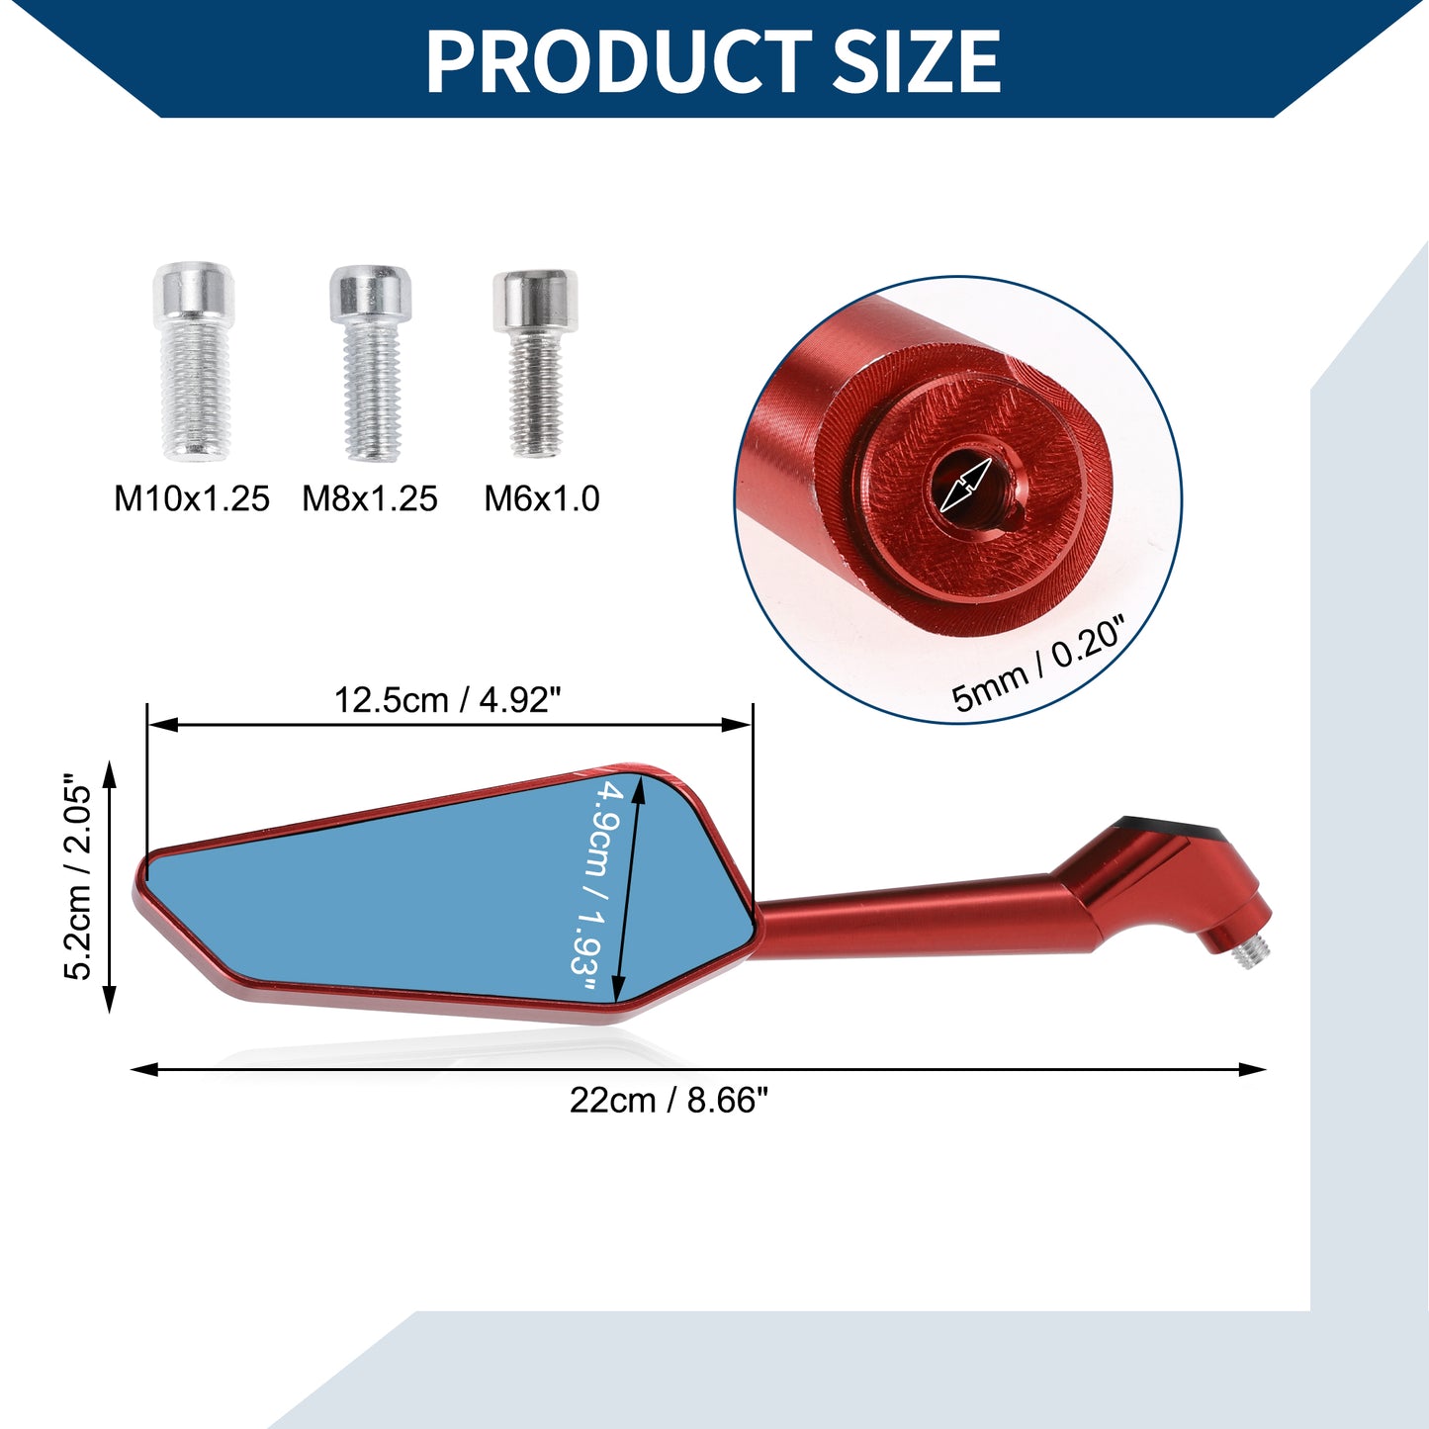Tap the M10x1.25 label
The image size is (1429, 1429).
tap(191, 498)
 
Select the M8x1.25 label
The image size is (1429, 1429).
tap(369, 498)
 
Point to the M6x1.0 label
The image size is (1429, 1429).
tap(541, 498)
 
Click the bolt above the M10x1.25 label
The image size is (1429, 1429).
tap(194, 361)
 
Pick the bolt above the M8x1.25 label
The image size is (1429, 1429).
tap(371, 363)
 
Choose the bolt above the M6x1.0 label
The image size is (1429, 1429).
tap(535, 363)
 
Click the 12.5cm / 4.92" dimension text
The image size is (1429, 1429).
tap(447, 699)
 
